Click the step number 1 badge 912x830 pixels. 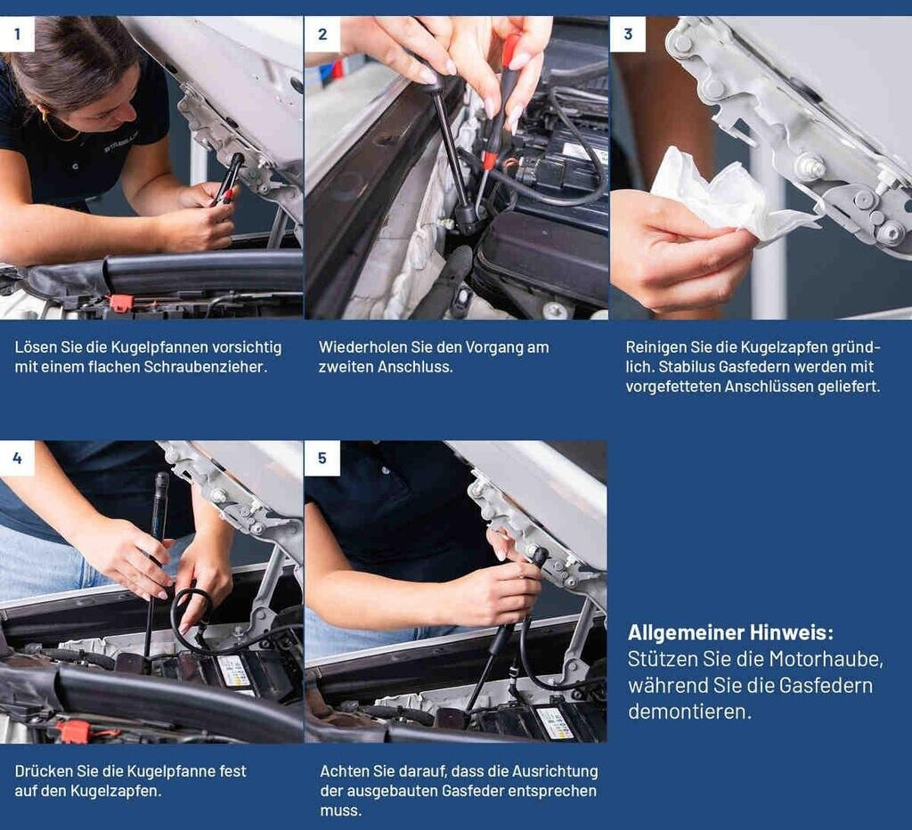click(x=17, y=34)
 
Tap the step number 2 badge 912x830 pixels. click(x=322, y=34)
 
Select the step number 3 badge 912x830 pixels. click(x=628, y=34)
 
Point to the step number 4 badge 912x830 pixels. click(x=17, y=458)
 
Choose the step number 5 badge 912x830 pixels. click(x=322, y=458)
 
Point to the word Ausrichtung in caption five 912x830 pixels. click(x=555, y=771)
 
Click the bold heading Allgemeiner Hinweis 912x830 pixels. click(x=730, y=632)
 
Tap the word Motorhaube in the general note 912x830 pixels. click(x=826, y=660)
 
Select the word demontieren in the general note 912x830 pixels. click(x=690, y=712)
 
